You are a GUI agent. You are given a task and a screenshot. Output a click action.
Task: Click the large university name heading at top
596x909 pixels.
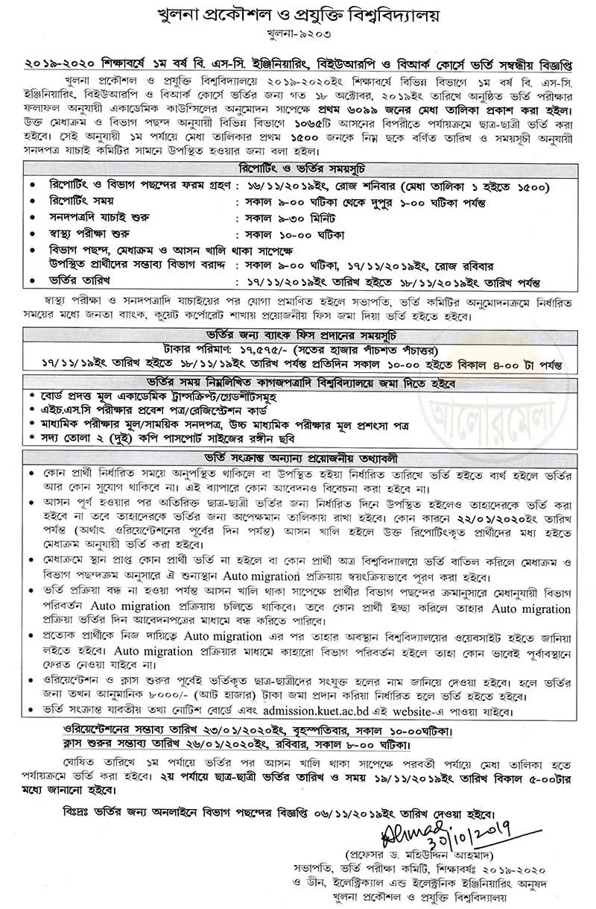click(298, 16)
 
